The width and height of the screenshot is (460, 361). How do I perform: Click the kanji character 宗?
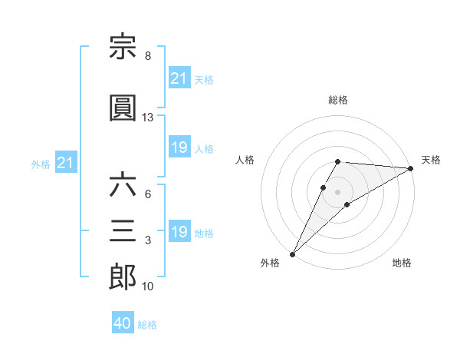[x=123, y=46]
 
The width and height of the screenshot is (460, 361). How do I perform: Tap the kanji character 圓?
[x=123, y=108]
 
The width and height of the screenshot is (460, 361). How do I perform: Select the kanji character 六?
[x=123, y=184]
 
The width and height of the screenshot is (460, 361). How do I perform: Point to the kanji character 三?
[x=123, y=230]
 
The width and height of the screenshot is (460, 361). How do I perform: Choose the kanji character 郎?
[x=123, y=277]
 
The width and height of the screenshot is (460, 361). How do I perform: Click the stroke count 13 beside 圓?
[x=147, y=118]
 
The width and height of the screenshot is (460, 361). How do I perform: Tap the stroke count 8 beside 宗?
[x=148, y=56]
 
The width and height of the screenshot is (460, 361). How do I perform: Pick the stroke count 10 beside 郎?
[x=147, y=286]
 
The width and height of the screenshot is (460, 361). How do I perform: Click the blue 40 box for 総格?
[x=123, y=322]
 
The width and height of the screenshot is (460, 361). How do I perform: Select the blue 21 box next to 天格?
[x=179, y=78]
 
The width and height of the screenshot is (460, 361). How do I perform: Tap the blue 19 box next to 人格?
[x=179, y=147]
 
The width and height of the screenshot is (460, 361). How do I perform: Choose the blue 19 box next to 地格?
[x=179, y=230]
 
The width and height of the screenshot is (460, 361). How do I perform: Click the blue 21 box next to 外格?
[x=66, y=162]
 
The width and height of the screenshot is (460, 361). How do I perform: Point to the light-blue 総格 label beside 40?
[x=147, y=325]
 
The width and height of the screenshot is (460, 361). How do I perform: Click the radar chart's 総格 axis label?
[x=338, y=100]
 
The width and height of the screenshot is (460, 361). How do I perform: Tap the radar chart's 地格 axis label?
[x=402, y=263]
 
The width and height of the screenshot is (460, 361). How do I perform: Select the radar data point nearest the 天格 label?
[x=411, y=168]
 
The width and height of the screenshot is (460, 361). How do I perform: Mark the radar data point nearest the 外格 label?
[x=293, y=254]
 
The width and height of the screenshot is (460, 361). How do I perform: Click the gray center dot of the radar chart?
[x=337, y=192]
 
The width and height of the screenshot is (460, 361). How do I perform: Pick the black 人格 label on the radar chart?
[x=245, y=160]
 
